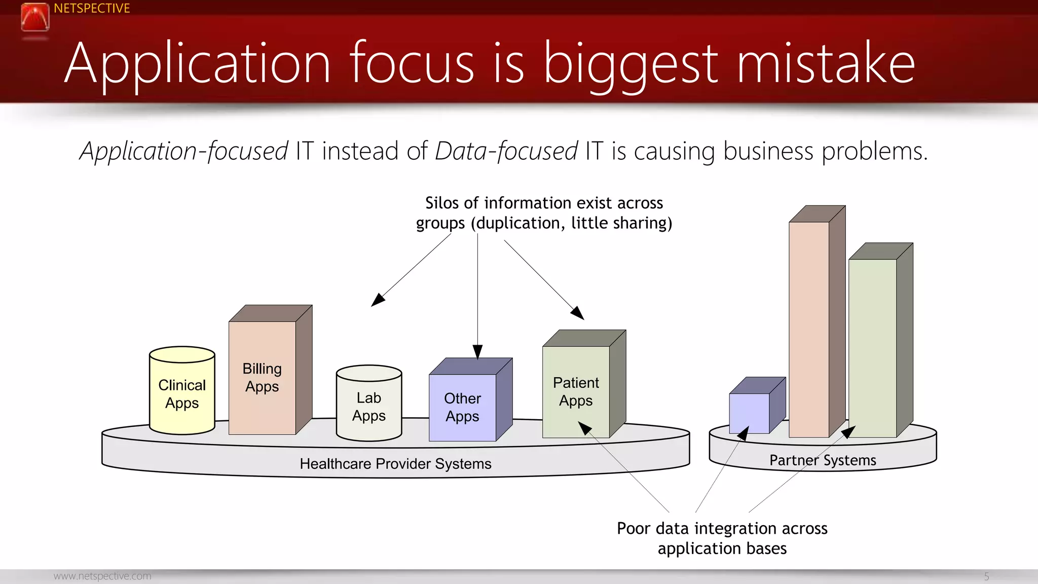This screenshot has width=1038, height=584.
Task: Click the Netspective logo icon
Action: point(35,17)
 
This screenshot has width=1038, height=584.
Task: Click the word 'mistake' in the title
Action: point(826,63)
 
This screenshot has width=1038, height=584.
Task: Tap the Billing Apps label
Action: point(262,377)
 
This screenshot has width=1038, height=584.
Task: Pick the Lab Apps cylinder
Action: point(369,406)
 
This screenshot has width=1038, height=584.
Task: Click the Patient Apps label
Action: point(576,391)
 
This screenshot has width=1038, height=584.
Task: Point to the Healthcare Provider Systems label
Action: point(395,464)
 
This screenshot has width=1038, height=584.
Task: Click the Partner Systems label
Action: point(823,460)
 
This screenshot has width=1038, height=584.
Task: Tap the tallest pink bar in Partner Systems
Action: point(809,330)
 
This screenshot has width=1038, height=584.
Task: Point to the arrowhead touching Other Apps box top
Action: point(477,352)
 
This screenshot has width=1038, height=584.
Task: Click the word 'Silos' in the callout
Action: point(442,203)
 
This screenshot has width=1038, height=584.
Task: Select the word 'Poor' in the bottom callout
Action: point(633,529)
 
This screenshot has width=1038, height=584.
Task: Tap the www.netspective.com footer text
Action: point(102,576)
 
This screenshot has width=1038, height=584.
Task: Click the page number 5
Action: point(986,576)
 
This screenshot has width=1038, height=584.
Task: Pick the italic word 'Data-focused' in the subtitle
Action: point(506,152)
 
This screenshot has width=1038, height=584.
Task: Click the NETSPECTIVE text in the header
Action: point(92,9)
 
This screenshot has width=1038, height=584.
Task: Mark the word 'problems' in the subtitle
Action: point(874,152)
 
